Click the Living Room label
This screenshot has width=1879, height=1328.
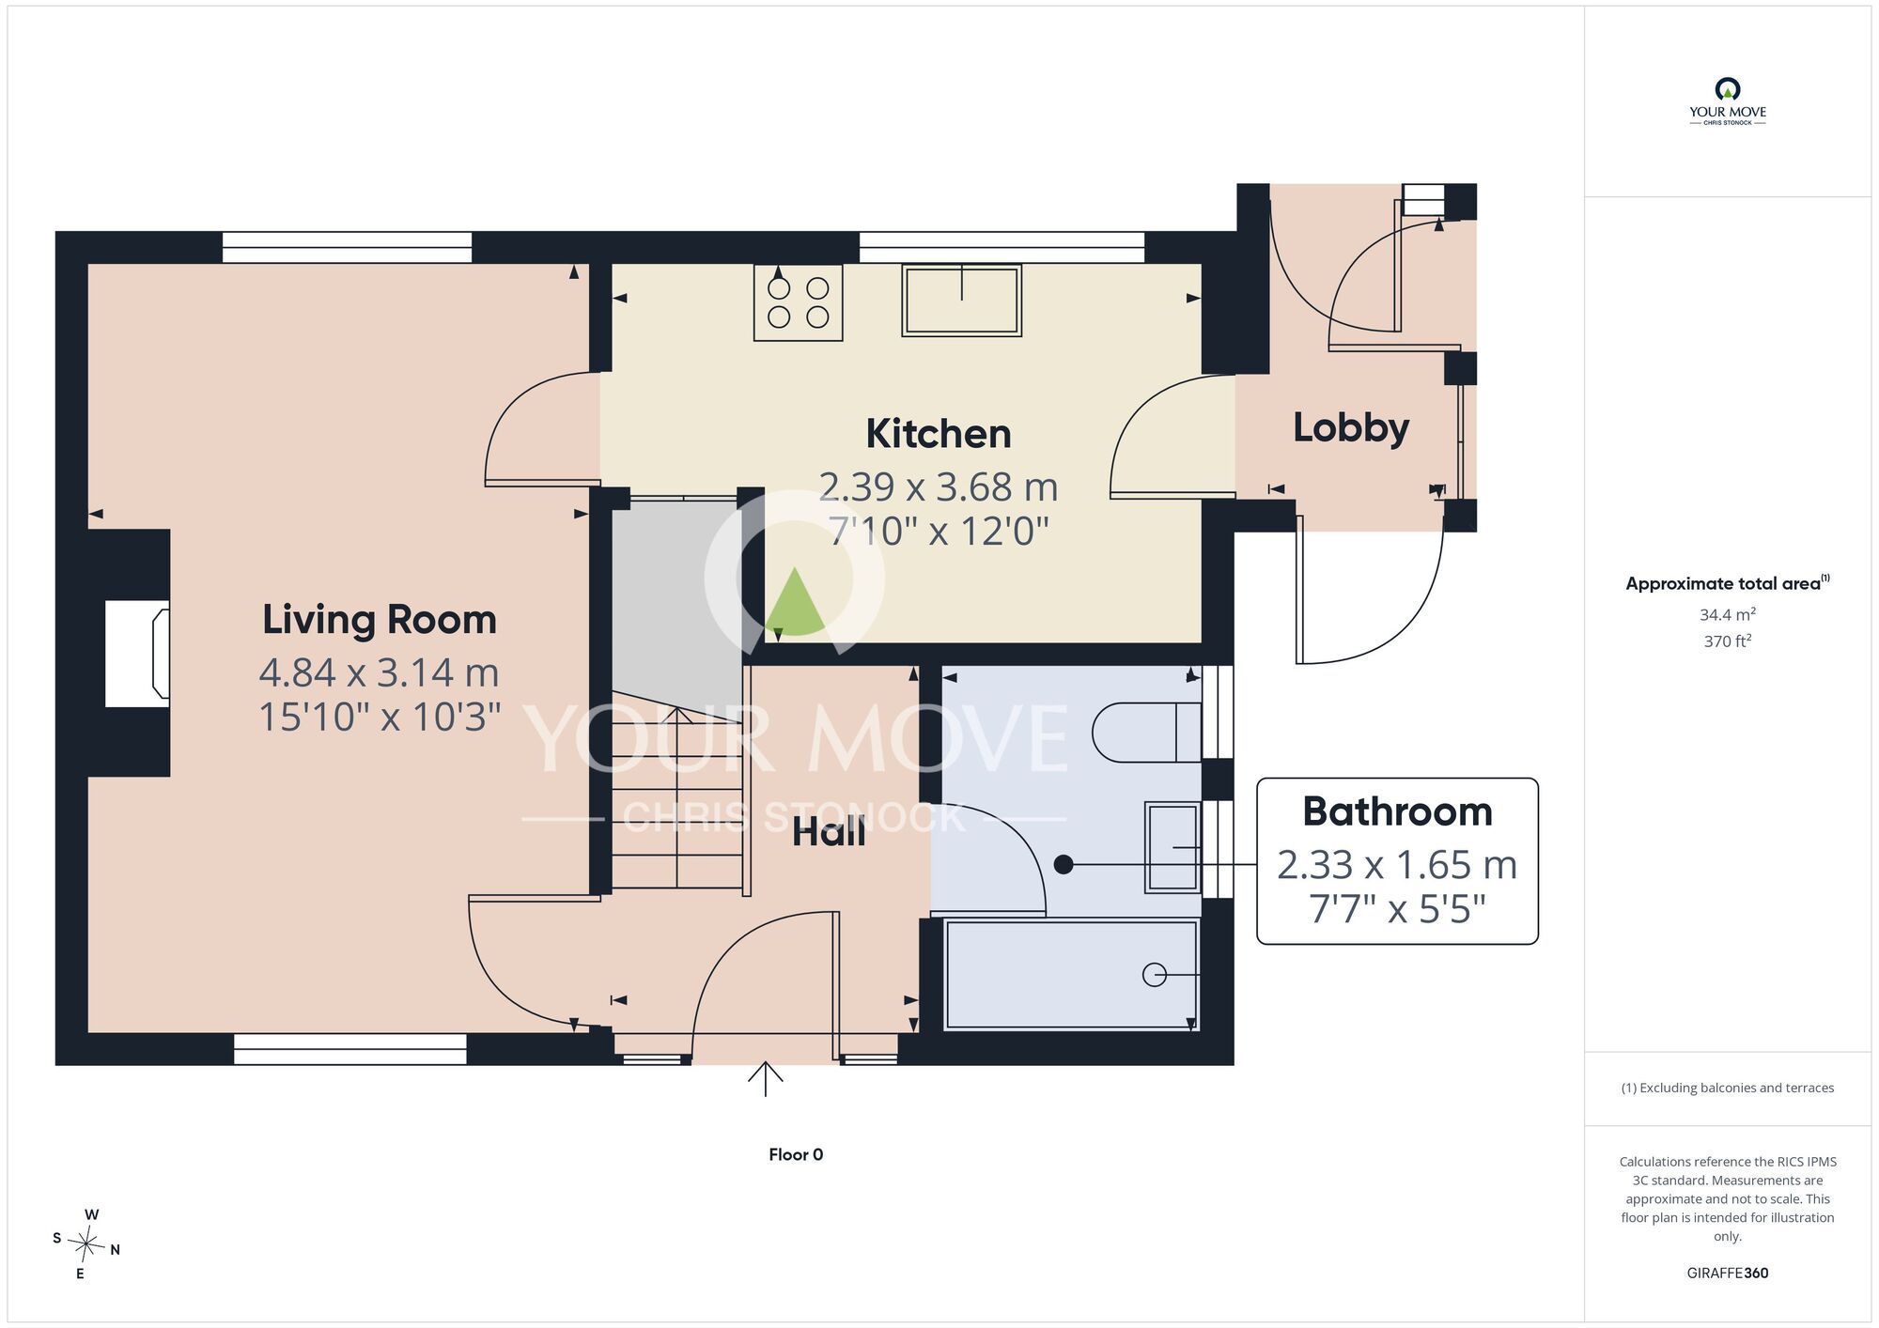379,620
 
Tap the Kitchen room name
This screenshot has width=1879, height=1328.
939,434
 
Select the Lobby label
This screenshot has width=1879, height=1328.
1351,428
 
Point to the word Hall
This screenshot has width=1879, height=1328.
829,832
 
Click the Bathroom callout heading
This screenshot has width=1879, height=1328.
1397,811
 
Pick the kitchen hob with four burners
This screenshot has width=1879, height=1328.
798,301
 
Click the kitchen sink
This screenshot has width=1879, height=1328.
961,300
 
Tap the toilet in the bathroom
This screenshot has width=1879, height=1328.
1147,732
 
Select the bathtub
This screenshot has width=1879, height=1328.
1071,974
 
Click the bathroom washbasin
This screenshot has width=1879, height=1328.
1172,847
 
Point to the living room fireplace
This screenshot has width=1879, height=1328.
137,654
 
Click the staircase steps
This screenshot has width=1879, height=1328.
677,797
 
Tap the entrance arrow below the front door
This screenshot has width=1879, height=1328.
766,1079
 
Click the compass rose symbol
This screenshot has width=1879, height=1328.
85,1245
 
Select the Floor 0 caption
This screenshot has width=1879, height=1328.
796,1155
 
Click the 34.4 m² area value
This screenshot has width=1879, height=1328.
1728,614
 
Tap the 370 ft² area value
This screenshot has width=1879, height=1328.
1728,641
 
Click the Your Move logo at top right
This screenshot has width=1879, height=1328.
1728,101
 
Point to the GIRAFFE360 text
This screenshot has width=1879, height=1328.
1728,1274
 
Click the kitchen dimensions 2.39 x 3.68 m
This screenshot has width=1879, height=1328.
939,486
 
